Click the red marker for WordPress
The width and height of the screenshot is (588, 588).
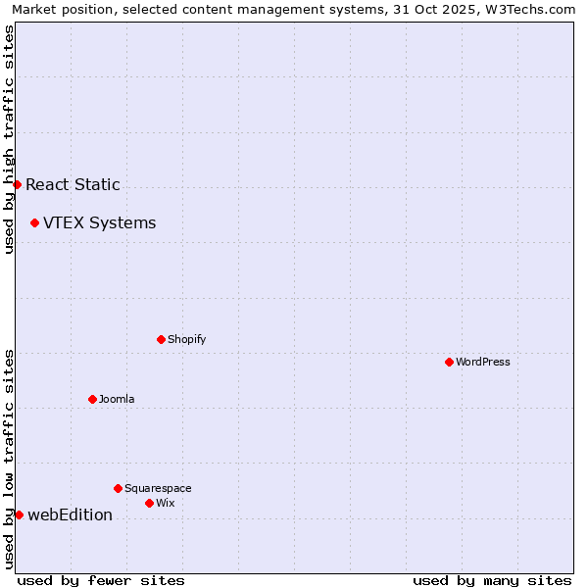pyautogui.click(x=449, y=362)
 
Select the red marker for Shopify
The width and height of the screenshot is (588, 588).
pyautogui.click(x=161, y=339)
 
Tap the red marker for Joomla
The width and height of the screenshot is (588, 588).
pyautogui.click(x=92, y=399)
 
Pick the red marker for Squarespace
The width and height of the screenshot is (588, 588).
pyautogui.click(x=118, y=488)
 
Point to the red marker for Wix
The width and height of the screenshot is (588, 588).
pyautogui.click(x=149, y=503)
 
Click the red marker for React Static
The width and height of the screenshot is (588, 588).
pyautogui.click(x=17, y=184)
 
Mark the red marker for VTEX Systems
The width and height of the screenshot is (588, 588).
pyautogui.click(x=34, y=222)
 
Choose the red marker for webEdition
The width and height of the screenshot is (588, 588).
pyautogui.click(x=19, y=514)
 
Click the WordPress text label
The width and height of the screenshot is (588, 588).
pyautogui.click(x=483, y=362)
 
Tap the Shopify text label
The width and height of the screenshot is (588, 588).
pyautogui.click(x=186, y=339)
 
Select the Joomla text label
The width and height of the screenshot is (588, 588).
pyautogui.click(x=117, y=399)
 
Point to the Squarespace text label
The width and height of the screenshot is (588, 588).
pyautogui.click(x=158, y=488)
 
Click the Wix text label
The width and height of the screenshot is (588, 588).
pyautogui.click(x=165, y=503)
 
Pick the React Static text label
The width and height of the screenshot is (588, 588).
pyautogui.click(x=73, y=184)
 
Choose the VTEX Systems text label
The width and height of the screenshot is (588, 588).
pyautogui.click(x=99, y=222)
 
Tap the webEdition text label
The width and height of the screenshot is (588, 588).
pyautogui.click(x=70, y=514)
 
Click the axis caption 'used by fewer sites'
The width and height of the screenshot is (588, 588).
pyautogui.click(x=101, y=580)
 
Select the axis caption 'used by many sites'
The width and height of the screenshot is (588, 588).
pyautogui.click(x=492, y=580)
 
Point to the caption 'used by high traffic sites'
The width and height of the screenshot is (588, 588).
pyautogui.click(x=9, y=139)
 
